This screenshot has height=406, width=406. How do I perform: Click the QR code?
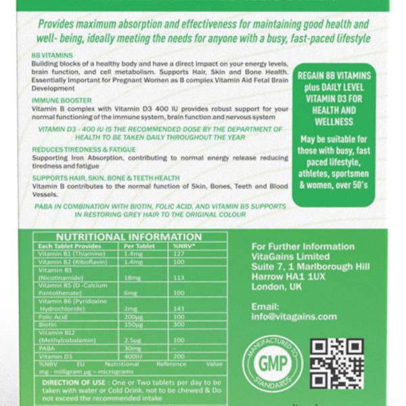pos(336,363)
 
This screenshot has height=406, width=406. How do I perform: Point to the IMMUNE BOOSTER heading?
pos(62,99)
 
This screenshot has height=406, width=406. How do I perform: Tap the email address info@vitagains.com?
pos(294,316)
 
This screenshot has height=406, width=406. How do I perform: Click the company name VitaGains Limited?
pos(290,257)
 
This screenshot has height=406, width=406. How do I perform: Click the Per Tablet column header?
pos(139,246)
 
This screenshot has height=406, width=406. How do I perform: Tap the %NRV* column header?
pos(184,246)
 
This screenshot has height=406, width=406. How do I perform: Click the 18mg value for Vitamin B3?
pos(132,277)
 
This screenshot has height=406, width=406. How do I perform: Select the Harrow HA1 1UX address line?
pos(288,277)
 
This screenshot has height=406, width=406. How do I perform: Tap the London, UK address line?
pos(277,287)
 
